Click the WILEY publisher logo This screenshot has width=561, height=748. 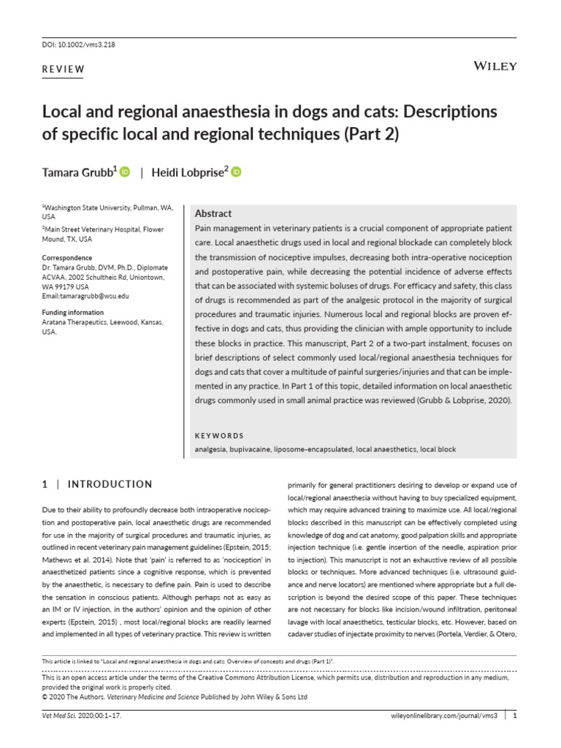(495, 66)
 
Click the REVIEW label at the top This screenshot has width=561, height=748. (64, 70)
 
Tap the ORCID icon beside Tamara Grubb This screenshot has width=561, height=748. (125, 172)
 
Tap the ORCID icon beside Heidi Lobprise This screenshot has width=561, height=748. (236, 172)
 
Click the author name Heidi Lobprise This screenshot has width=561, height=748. (186, 172)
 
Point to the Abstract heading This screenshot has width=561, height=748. (213, 214)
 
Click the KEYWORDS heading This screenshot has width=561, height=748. (219, 435)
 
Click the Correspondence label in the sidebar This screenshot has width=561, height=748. (67, 258)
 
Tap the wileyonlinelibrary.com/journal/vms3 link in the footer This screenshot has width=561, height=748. (442, 716)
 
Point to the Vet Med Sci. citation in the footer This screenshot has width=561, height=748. (81, 716)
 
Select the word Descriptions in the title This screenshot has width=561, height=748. (445, 112)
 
